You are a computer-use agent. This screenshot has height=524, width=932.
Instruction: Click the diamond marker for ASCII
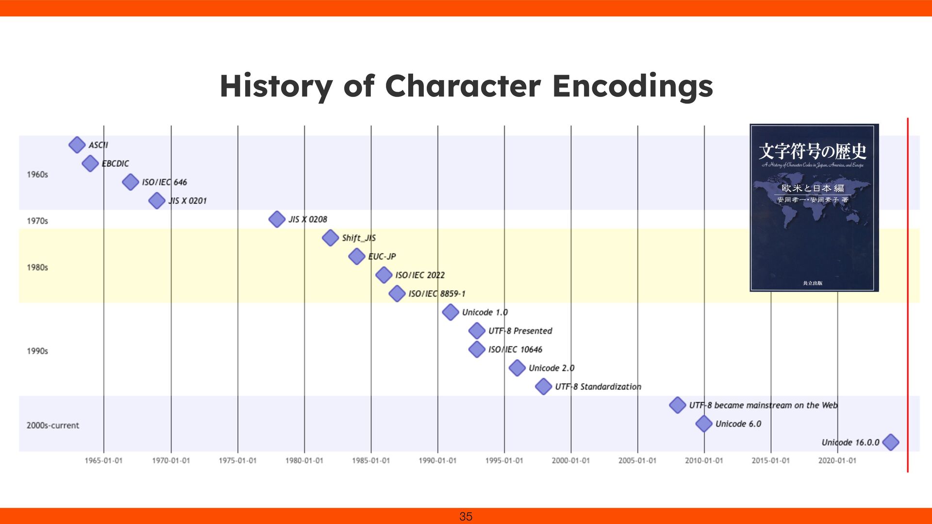pyautogui.click(x=77, y=145)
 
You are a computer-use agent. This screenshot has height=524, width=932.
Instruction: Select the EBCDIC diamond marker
pyautogui.click(x=90, y=164)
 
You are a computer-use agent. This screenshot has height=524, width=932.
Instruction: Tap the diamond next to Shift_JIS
pyautogui.click(x=330, y=238)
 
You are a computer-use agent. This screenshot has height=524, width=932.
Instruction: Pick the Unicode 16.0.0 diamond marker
pyautogui.click(x=890, y=442)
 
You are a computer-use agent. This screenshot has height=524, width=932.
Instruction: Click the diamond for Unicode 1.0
pyautogui.click(x=450, y=312)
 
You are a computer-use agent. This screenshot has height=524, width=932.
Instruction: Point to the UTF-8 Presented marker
pyautogui.click(x=477, y=331)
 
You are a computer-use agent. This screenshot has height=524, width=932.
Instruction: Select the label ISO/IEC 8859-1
pyautogui.click(x=436, y=294)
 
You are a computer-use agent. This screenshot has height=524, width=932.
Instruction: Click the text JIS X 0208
pyautogui.click(x=308, y=219)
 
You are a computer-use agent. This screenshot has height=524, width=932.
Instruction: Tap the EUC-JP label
pyautogui.click(x=382, y=257)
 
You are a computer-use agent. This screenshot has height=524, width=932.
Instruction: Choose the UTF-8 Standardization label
pyautogui.click(x=598, y=387)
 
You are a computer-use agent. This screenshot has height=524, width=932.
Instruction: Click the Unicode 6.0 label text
pyautogui.click(x=738, y=424)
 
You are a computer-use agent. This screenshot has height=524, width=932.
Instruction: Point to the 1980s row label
pyautogui.click(x=37, y=267)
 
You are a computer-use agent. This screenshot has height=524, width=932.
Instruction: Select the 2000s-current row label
pyautogui.click(x=52, y=426)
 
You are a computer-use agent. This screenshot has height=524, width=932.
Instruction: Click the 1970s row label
pyautogui.click(x=37, y=221)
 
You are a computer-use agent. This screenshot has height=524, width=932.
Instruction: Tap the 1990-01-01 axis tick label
pyautogui.click(x=437, y=460)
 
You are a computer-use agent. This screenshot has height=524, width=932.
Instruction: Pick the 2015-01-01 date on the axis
pyautogui.click(x=770, y=460)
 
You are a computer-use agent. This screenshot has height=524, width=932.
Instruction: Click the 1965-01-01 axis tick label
pyautogui.click(x=103, y=460)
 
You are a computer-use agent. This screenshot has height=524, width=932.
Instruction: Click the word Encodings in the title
pyautogui.click(x=632, y=86)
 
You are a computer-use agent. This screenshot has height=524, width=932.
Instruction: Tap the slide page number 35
pyautogui.click(x=466, y=516)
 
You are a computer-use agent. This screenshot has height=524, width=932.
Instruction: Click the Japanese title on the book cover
pyautogui.click(x=812, y=151)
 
